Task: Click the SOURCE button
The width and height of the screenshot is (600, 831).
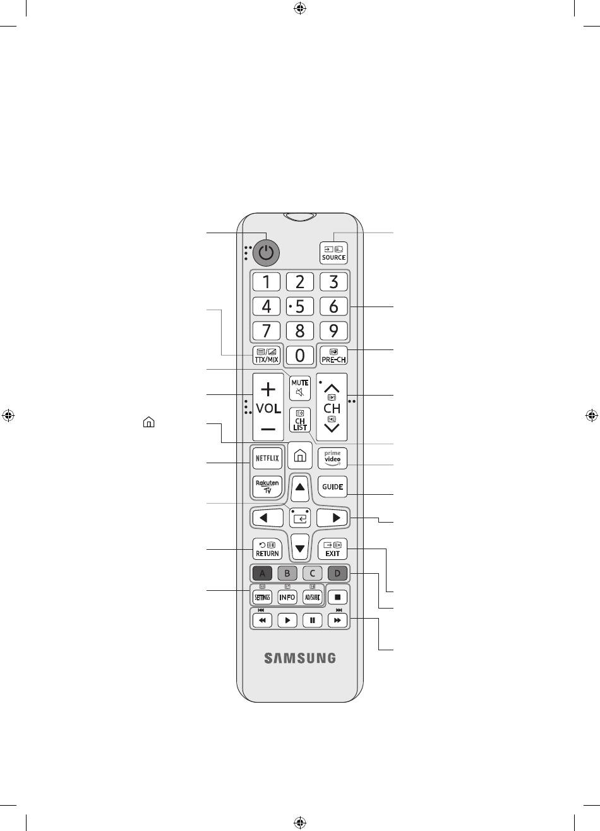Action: (x=333, y=252)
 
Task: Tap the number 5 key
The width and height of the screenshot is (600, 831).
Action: (x=300, y=306)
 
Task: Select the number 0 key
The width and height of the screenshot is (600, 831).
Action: (x=300, y=355)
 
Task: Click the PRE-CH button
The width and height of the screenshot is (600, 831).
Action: (x=333, y=356)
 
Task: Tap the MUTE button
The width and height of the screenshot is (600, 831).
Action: (x=300, y=387)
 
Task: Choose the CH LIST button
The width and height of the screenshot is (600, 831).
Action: (x=300, y=420)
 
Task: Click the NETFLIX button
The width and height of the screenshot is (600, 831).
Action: (x=267, y=458)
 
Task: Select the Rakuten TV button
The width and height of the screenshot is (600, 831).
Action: (x=267, y=486)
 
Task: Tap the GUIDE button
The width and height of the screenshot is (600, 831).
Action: (x=333, y=487)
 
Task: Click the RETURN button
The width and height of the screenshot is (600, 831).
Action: (x=267, y=549)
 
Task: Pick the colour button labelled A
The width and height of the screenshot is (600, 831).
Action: (x=262, y=574)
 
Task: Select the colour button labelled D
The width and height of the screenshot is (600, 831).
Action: (x=338, y=574)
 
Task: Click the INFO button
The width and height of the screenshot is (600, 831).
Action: (x=287, y=597)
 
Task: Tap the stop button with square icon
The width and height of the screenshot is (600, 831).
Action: (x=338, y=597)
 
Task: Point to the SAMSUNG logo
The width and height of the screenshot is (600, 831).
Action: (x=300, y=658)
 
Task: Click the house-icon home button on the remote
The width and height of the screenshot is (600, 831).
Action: (x=300, y=455)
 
